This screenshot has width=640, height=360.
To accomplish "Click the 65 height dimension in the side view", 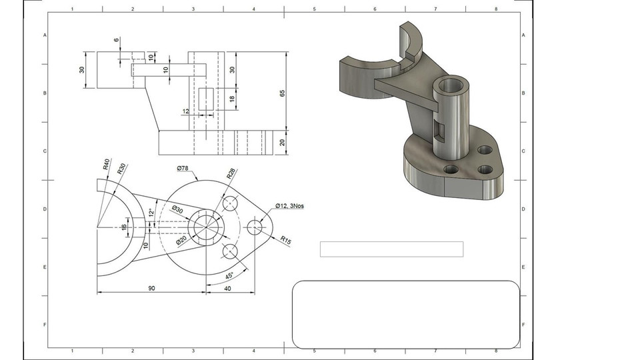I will (282, 93).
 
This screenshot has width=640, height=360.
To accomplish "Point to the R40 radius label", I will (107, 164).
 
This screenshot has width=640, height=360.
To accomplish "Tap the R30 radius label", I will (121, 168).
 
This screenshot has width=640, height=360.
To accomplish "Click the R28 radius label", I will (231, 174).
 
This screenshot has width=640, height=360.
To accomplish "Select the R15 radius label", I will (285, 239).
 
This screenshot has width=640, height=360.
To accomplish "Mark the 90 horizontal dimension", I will (151, 288).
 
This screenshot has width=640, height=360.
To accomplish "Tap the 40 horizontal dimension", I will (229, 288).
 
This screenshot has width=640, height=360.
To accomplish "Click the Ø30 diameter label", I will (177, 209).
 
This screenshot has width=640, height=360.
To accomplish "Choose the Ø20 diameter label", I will (181, 241).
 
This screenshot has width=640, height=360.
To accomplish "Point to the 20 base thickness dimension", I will (282, 141).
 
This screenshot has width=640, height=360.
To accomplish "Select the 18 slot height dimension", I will (232, 99).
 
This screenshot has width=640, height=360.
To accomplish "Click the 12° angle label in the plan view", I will (151, 212).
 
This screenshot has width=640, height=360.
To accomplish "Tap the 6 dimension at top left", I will (117, 41).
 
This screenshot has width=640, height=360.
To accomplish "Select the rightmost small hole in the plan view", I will (255, 227).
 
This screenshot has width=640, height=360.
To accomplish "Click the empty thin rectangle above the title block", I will (391, 249).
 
